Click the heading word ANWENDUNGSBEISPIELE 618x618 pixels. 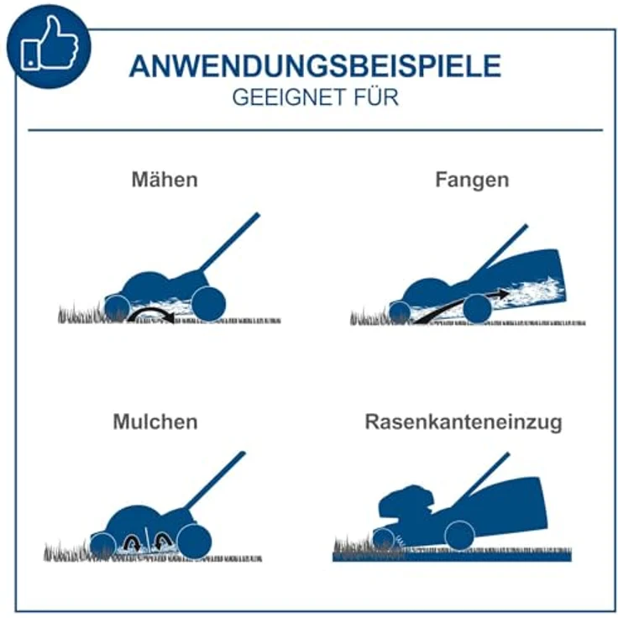tap(315, 66)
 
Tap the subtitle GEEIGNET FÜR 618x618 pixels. tap(315, 97)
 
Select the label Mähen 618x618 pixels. tap(165, 180)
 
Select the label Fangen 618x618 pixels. tap(472, 180)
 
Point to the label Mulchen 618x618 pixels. tap(154, 422)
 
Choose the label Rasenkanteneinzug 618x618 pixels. tap(463, 422)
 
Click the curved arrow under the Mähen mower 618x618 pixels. tap(149, 313)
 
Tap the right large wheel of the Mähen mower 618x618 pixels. tap(207, 302)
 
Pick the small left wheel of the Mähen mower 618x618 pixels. tap(118, 308)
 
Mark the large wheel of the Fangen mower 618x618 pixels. tap(477, 308)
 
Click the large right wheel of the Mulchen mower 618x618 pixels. tap(194, 542)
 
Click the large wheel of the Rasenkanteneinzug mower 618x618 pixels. tap(459, 535)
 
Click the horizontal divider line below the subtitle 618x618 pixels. tap(315, 130)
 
